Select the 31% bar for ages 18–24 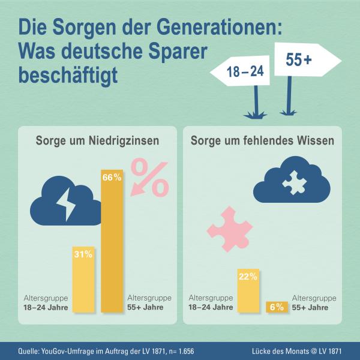click(82, 282)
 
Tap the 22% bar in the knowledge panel click(248, 294)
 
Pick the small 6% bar click(276, 307)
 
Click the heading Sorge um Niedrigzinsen click(97, 142)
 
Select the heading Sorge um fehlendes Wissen click(262, 142)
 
